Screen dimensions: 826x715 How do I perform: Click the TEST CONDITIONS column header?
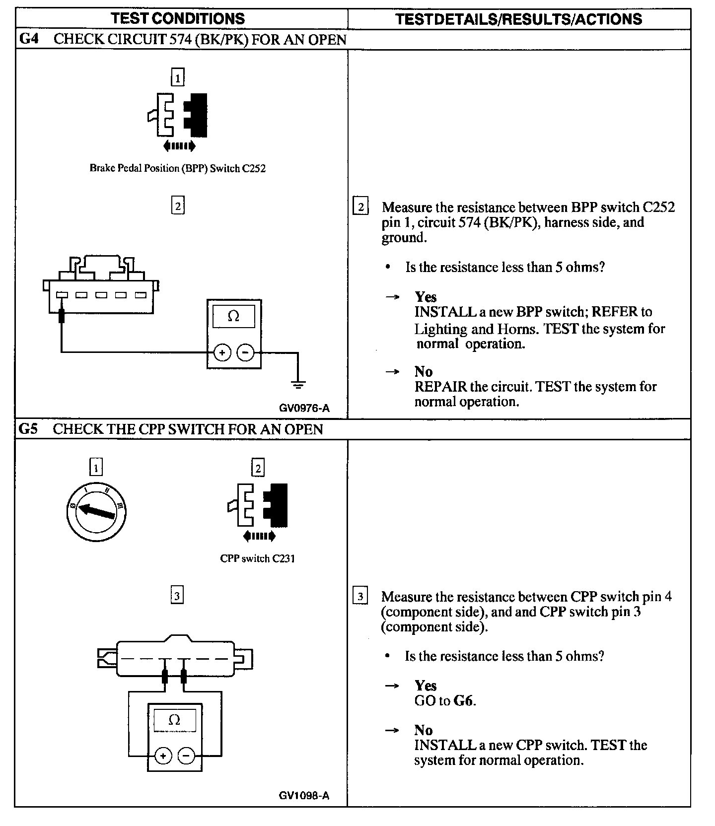[x=178, y=19]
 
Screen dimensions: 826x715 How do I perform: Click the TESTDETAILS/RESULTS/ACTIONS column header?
[x=518, y=19]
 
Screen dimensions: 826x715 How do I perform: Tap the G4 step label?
[x=29, y=39]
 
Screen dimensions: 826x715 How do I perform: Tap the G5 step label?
[x=29, y=429]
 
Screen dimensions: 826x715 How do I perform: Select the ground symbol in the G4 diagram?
[x=298, y=384]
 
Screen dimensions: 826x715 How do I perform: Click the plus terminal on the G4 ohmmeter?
[x=222, y=353]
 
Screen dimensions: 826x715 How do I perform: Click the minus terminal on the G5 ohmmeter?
[x=186, y=756]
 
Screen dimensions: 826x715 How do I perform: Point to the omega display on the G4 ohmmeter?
[x=233, y=317]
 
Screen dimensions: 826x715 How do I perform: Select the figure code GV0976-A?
[x=304, y=408]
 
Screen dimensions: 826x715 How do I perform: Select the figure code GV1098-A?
[x=304, y=795]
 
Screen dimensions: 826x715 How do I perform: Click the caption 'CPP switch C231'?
[x=257, y=558]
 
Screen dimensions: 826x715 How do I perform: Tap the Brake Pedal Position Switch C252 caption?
[x=177, y=168]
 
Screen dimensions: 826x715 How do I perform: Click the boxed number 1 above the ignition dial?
[x=96, y=467]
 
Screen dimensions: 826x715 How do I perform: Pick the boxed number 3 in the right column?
[x=360, y=596]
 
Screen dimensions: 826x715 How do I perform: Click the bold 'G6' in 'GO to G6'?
[x=464, y=701]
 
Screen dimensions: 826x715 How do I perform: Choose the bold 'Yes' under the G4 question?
[x=426, y=297]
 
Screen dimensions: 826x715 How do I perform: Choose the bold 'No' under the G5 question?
[x=424, y=730]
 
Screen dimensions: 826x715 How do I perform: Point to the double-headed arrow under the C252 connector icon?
[x=179, y=146]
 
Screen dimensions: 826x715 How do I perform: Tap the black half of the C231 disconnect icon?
[x=276, y=505]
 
